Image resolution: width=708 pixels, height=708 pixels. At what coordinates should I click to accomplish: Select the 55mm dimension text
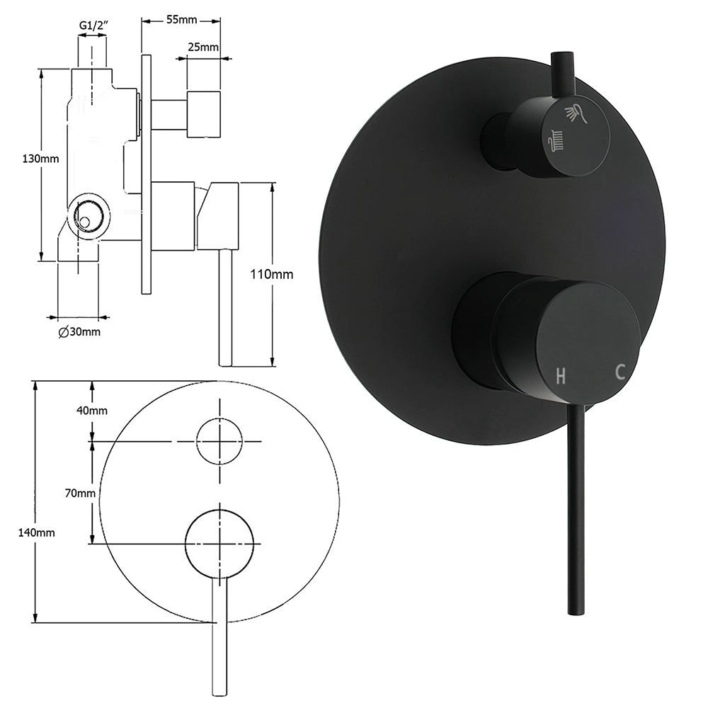tap(182, 19)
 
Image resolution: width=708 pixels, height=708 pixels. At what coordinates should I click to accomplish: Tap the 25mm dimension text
tap(203, 47)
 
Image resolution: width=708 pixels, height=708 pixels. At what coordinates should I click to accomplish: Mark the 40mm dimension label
tap(92, 411)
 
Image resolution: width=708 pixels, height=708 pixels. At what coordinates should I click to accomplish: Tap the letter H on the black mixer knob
tap(561, 376)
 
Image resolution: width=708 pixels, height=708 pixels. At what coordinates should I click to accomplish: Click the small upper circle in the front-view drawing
tap(219, 441)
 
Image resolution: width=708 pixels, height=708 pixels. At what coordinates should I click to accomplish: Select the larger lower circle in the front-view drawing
tap(219, 542)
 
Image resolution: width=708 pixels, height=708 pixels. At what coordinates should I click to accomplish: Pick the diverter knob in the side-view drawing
tap(203, 113)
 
